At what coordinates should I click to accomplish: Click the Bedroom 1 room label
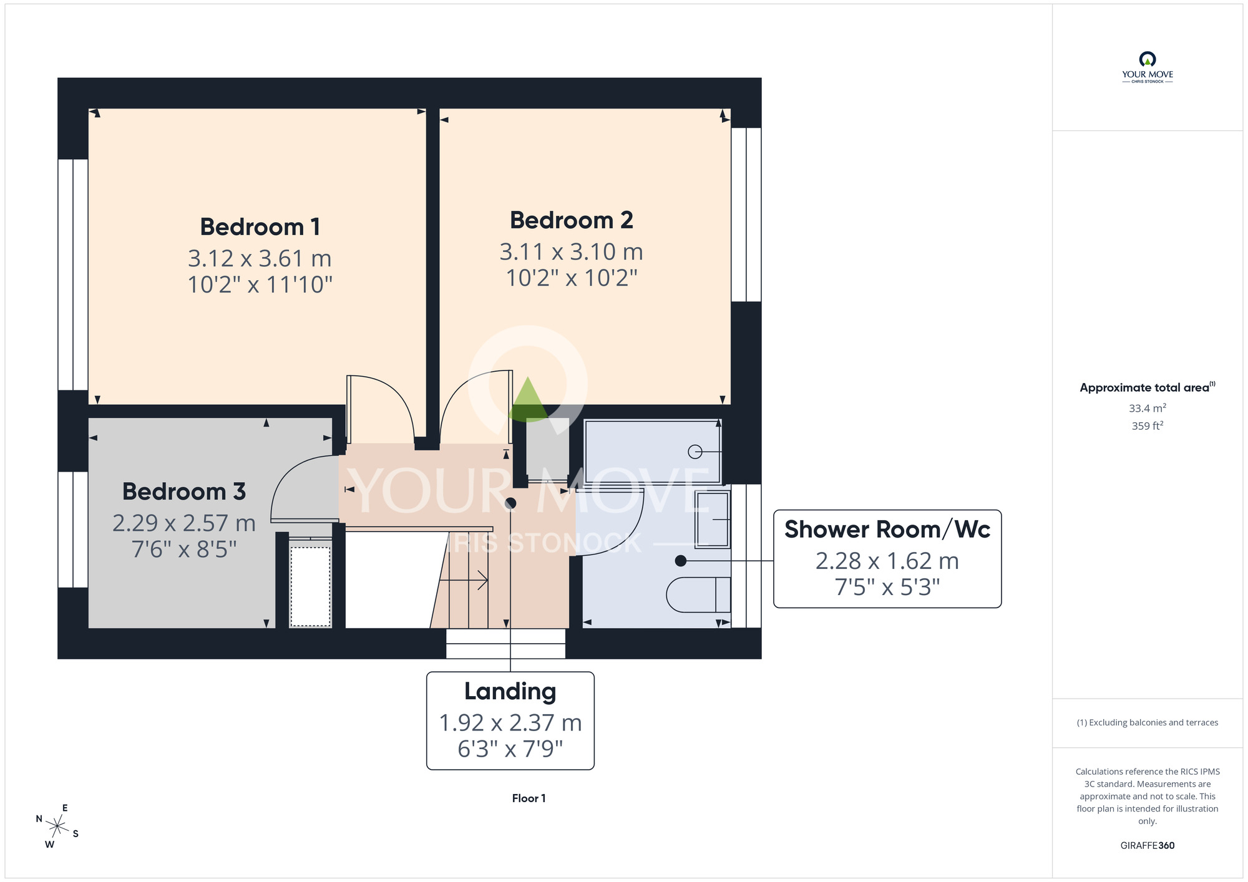260,227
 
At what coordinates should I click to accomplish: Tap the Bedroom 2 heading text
572,220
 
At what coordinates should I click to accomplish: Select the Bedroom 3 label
184,492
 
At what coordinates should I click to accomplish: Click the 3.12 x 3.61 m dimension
260,258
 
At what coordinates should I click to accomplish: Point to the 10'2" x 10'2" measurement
572,278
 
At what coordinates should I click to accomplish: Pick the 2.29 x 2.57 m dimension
184,523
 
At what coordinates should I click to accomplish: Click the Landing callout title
510,692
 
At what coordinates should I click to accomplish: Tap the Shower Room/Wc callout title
887,530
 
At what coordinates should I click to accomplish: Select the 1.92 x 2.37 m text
510,723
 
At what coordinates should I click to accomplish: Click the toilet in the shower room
698,594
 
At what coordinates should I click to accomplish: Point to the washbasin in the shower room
713,520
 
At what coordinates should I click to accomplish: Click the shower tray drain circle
695,452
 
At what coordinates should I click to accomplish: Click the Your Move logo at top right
1148,67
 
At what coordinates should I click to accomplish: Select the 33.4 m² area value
1148,408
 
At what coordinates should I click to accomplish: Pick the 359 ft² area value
1148,426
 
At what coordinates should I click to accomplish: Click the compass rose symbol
57,827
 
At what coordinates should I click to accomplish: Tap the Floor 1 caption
529,798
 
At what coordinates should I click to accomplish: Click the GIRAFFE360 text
1148,846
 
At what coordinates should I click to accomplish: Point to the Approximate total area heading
1148,387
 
